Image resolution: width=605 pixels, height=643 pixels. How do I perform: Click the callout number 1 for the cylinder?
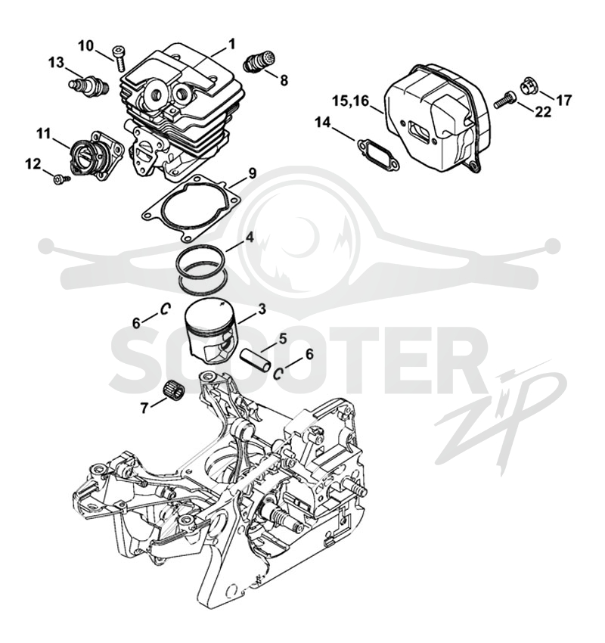231,43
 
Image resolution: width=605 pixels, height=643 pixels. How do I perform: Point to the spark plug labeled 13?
88,86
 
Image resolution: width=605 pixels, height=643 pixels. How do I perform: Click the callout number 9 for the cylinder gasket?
252,173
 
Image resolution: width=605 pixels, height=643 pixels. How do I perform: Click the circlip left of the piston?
165,309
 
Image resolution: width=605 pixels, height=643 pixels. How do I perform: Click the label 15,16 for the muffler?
350,101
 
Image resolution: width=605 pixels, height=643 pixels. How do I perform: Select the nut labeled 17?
529,85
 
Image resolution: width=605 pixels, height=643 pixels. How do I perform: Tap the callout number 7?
144,408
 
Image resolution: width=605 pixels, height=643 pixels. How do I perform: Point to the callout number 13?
56,63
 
